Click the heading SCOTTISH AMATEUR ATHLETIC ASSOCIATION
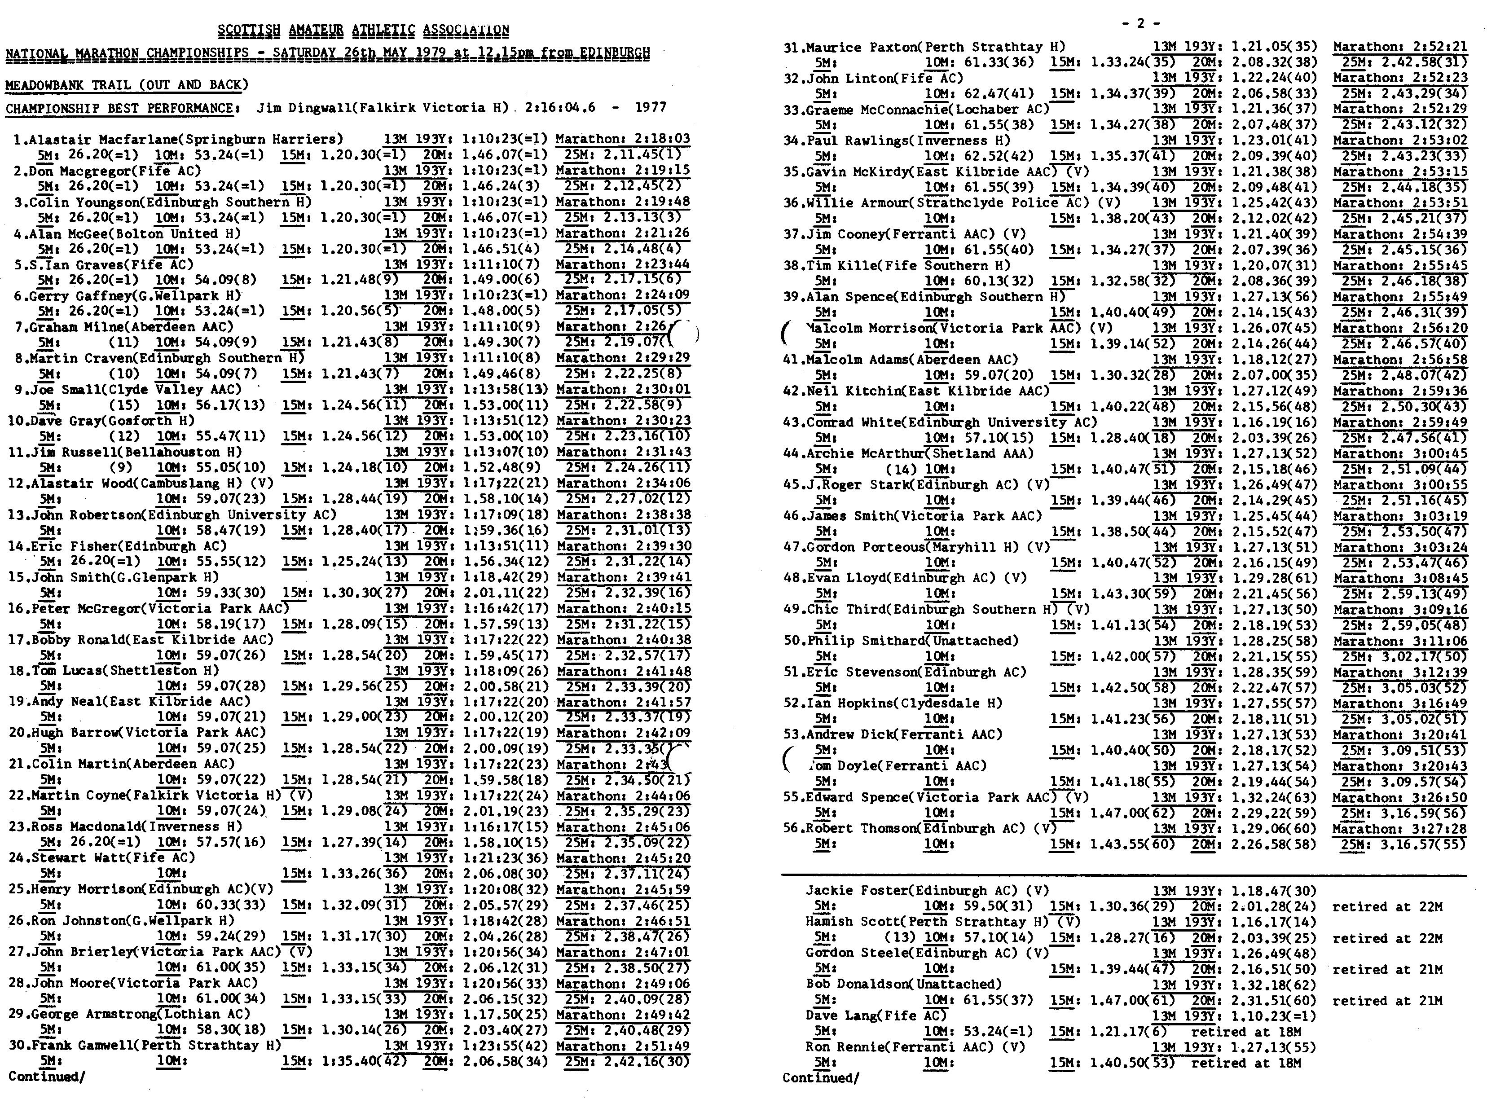tap(363, 30)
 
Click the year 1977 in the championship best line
tap(651, 108)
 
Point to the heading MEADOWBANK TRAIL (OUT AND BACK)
tap(127, 85)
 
